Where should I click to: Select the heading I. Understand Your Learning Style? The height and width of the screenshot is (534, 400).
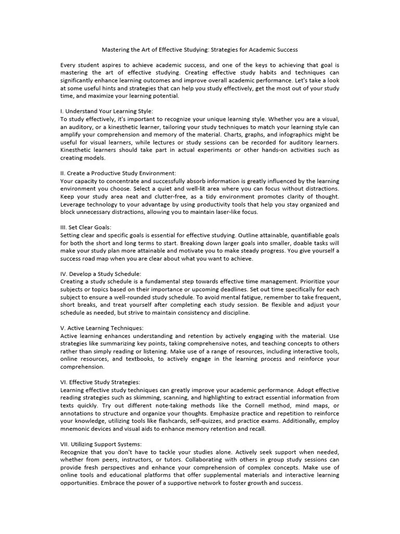tap(107, 111)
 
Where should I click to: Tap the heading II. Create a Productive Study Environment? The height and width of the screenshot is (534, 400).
tap(118, 173)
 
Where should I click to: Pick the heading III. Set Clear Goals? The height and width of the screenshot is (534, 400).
tap(86, 227)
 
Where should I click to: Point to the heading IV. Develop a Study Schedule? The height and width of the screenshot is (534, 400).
tap(101, 274)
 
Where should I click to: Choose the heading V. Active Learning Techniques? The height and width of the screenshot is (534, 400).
tap(102, 328)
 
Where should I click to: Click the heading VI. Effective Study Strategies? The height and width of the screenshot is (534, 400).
tap(100, 382)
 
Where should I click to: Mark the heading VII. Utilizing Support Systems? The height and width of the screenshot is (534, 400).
tap(101, 444)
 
